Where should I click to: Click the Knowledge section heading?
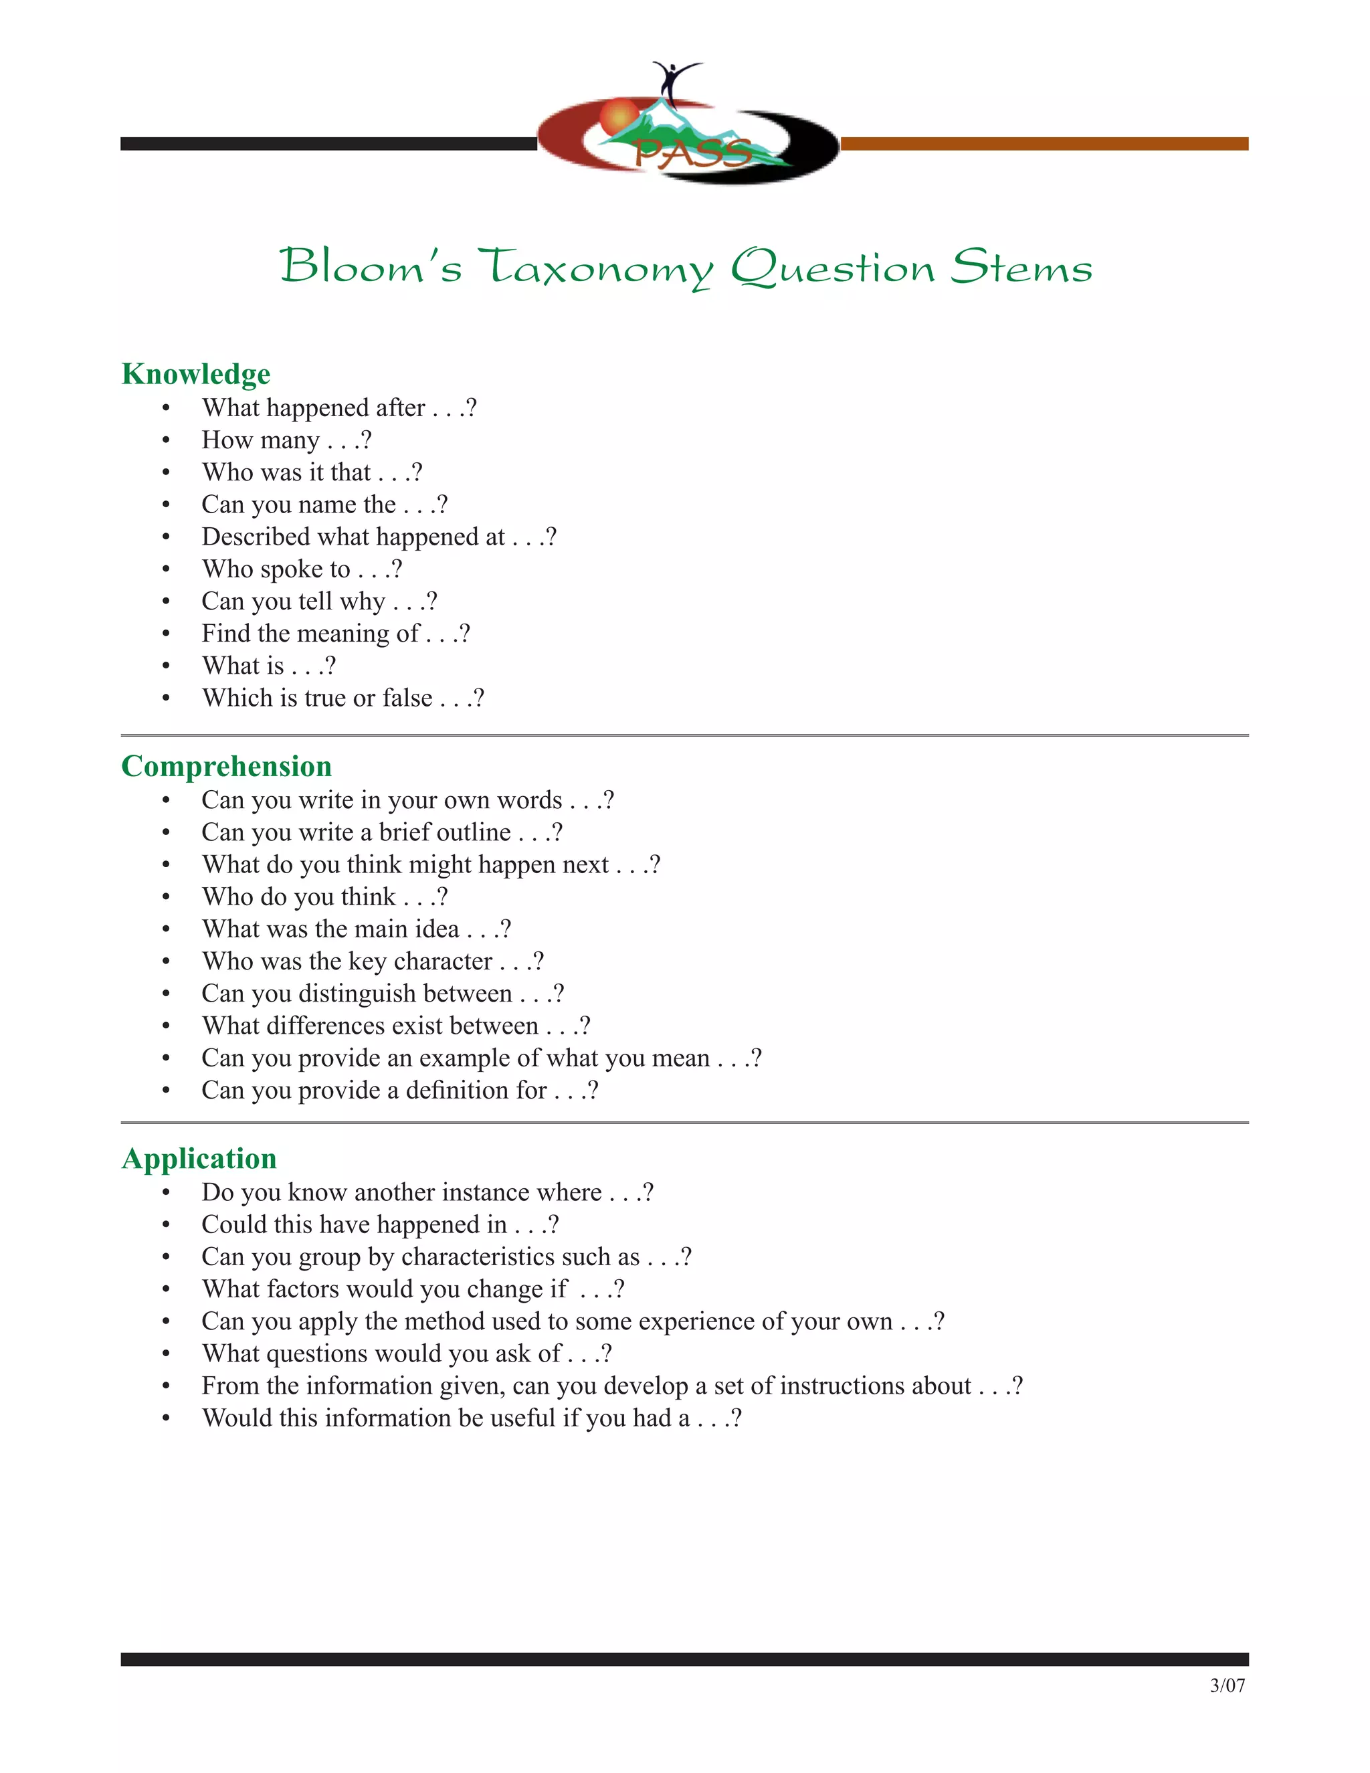[195, 374]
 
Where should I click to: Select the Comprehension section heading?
[227, 766]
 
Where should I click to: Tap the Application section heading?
[199, 1158]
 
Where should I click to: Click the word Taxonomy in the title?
[595, 267]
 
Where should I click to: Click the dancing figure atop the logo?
[673, 80]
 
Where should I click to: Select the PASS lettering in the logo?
[692, 153]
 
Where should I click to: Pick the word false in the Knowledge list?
[407, 698]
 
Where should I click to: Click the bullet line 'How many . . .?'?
[286, 440]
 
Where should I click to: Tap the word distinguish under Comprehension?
[357, 994]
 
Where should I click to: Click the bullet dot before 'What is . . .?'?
[167, 666]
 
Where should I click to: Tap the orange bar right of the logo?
[1044, 144]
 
